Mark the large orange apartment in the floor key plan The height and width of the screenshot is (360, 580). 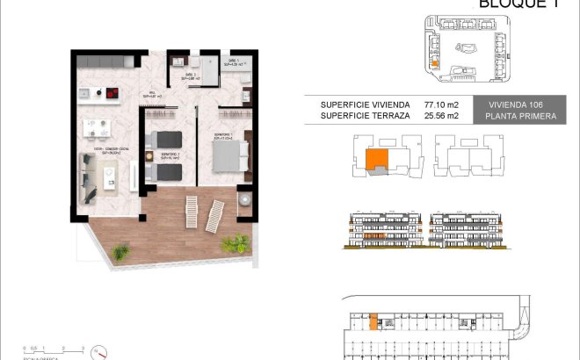(x=375, y=160)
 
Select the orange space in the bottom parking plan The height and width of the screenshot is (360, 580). (x=373, y=322)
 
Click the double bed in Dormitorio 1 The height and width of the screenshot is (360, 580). (x=230, y=155)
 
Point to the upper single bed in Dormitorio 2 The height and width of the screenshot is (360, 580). (x=165, y=138)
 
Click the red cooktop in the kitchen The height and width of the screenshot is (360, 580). (x=112, y=91)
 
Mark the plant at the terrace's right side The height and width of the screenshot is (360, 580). (x=235, y=242)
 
